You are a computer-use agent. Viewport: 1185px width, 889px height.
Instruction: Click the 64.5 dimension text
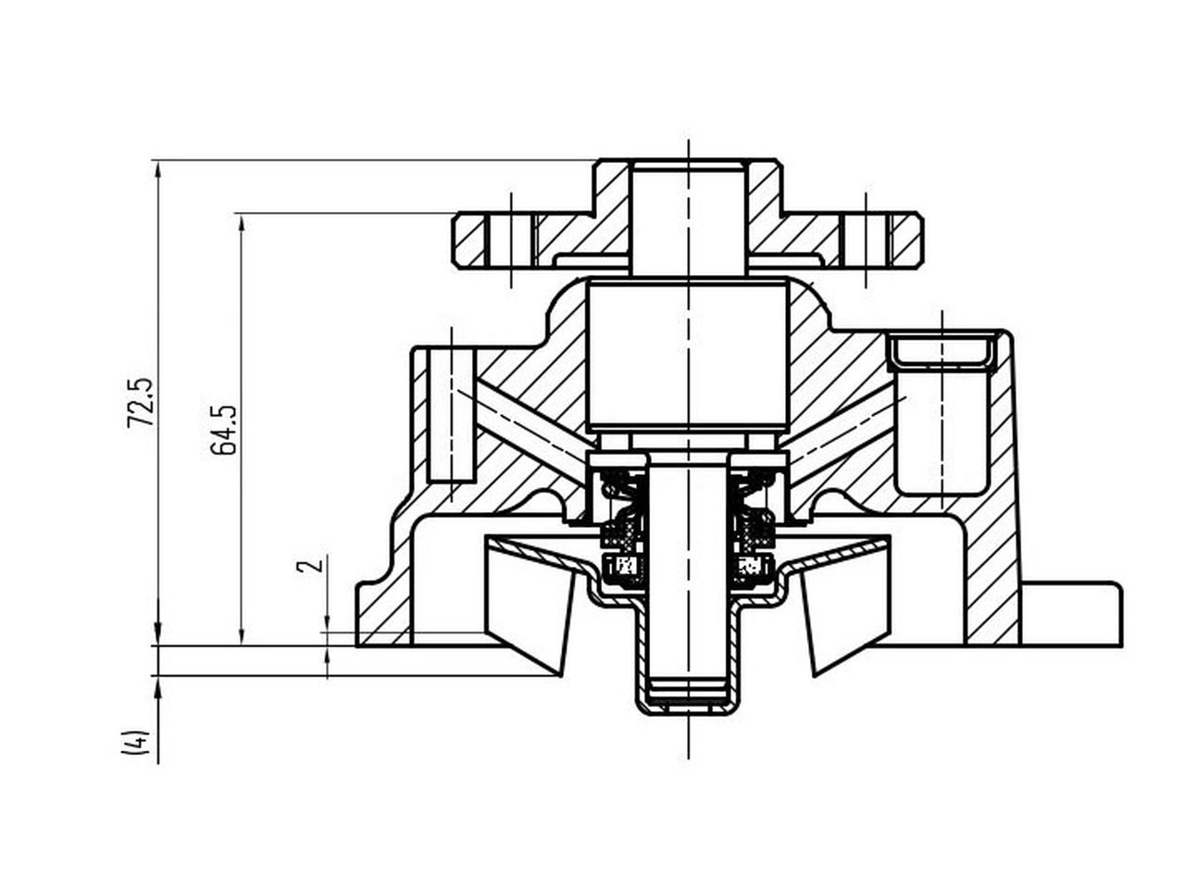(x=224, y=429)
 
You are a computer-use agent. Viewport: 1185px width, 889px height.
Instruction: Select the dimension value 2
(x=315, y=564)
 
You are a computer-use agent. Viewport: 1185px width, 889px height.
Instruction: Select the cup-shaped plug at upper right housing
(x=942, y=353)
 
